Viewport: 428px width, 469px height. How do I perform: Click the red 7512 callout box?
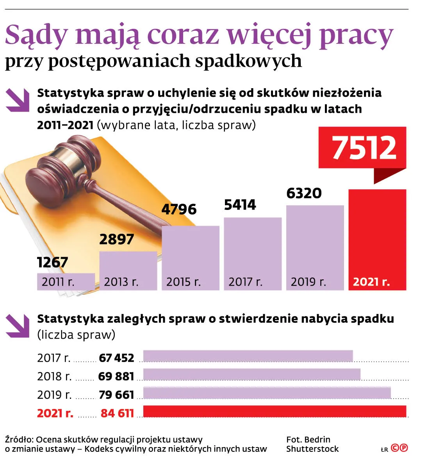point(362,147)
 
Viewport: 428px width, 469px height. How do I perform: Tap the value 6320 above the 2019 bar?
point(304,193)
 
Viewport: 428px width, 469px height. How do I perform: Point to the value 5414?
point(240,205)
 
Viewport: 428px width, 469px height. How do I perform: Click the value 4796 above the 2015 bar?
point(179,210)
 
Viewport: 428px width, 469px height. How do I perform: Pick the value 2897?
point(116,239)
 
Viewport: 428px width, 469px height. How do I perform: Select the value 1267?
point(53,262)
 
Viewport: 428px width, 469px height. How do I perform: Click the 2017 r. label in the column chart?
point(245,282)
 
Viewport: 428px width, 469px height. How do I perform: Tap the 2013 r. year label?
point(121,282)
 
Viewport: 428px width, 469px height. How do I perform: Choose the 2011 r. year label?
point(58,282)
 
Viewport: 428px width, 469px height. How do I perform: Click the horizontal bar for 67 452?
point(248,356)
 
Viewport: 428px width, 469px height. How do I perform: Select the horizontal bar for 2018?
point(252,375)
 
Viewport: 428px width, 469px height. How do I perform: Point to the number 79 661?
point(116,395)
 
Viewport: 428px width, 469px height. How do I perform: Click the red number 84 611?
point(117,413)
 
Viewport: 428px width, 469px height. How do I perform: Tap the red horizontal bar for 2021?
point(275,412)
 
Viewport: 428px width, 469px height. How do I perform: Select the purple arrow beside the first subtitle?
point(18,100)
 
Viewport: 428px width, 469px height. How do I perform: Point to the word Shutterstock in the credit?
point(312,449)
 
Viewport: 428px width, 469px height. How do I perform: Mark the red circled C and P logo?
point(399,448)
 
